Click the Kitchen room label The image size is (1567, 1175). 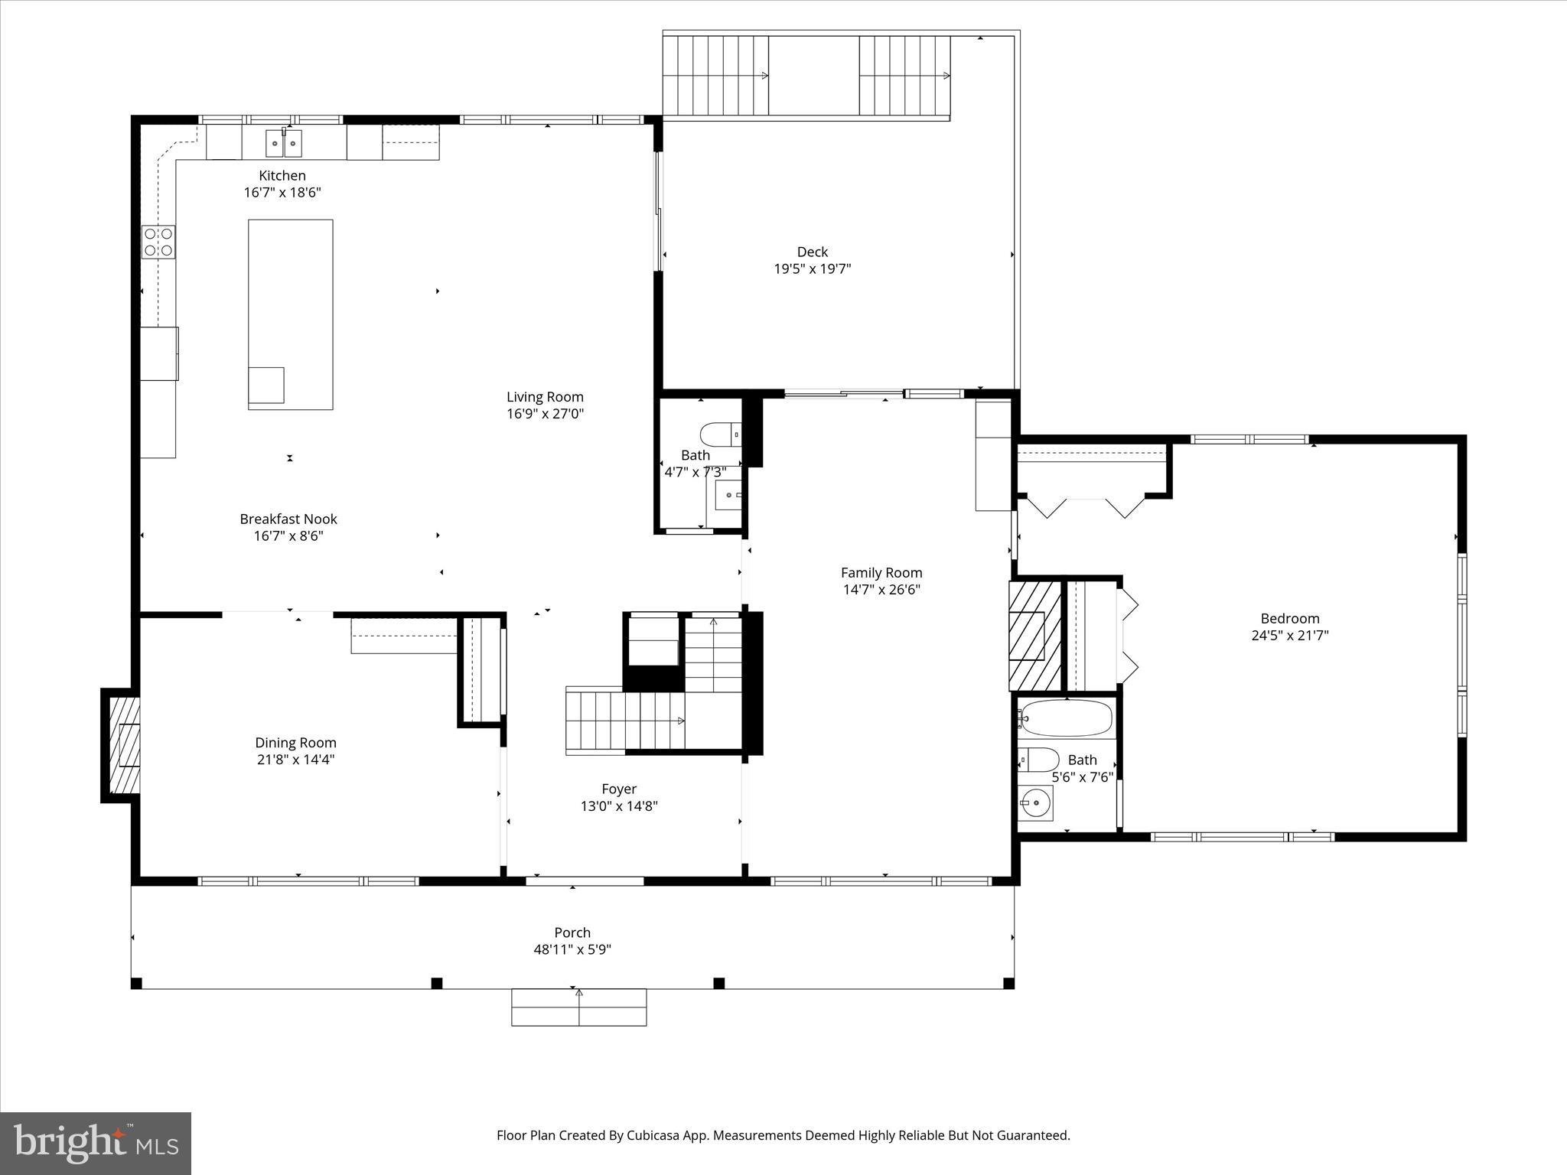[x=282, y=176]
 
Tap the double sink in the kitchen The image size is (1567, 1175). [x=283, y=143]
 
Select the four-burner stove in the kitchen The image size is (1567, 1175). [x=158, y=242]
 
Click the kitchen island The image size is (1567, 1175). [x=290, y=314]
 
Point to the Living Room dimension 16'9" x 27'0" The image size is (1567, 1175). [x=545, y=414]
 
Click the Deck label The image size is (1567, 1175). [x=812, y=252]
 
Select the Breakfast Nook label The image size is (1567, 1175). [x=288, y=519]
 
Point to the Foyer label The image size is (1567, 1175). [x=618, y=789]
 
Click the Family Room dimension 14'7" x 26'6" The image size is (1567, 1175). [x=881, y=590]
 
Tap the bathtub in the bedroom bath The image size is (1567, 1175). [x=1066, y=718]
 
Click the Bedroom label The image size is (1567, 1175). [x=1289, y=618]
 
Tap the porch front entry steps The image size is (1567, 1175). [x=578, y=1007]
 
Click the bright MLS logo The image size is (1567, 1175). [x=96, y=1143]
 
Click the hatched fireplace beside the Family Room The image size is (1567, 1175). [x=1034, y=636]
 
